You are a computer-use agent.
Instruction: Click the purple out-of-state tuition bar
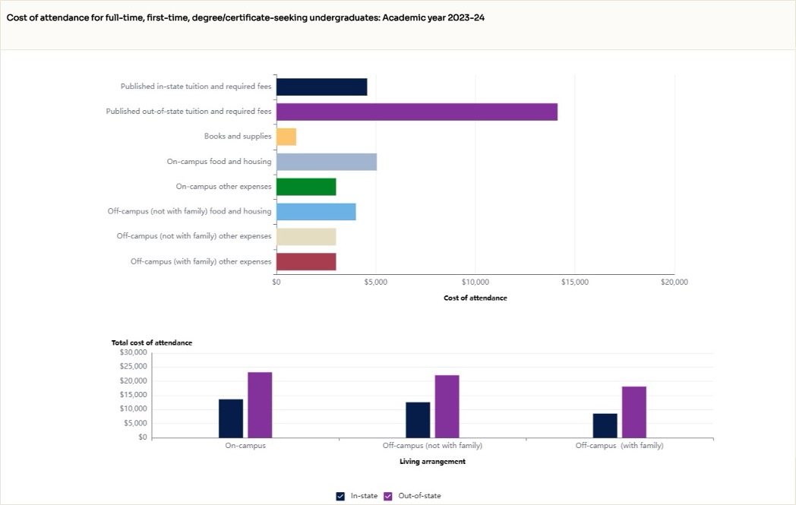click(x=416, y=112)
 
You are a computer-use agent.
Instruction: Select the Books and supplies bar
click(x=286, y=137)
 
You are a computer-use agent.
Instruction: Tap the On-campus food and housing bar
click(x=326, y=162)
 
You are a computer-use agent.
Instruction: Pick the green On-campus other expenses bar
click(x=305, y=187)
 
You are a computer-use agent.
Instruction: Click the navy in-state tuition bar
click(x=321, y=87)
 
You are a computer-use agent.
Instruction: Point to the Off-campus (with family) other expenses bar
click(x=305, y=262)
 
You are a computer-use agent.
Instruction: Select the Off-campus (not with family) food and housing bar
click(x=315, y=212)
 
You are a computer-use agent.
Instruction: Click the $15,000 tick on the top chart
click(x=574, y=282)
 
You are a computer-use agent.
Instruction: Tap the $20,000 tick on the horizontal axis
click(x=674, y=282)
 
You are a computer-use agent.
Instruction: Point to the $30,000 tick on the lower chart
click(x=133, y=352)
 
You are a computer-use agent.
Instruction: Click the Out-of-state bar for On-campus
click(x=260, y=405)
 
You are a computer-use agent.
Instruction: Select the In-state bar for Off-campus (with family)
click(x=605, y=425)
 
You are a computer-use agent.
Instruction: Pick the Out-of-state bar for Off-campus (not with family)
click(x=447, y=406)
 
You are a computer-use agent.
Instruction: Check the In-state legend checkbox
click(x=340, y=496)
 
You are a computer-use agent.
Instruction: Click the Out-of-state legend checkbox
click(x=388, y=496)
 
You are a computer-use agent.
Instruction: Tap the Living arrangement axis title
click(x=432, y=461)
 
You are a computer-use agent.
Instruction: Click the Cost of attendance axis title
click(x=475, y=298)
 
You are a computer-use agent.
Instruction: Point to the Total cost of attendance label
click(x=152, y=342)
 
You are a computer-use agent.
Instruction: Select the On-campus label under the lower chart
click(x=245, y=446)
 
